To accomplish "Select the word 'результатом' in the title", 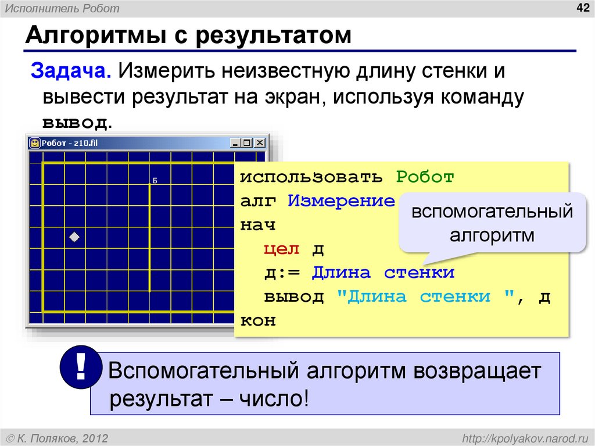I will pos(273,36).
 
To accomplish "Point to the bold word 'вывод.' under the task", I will pos(76,123).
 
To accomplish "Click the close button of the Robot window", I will pos(259,142).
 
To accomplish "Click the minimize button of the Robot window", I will pos(235,142).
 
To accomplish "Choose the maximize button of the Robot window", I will pos(247,142).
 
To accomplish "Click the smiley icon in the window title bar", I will pos(35,142).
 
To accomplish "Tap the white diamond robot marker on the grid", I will pos(74,237).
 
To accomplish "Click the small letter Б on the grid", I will pos(155,181).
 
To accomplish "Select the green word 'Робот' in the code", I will pos(425,177).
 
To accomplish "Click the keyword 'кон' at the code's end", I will pos(258,321).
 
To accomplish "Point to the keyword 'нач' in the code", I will pos(258,225).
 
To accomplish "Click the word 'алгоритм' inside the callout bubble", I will pos(492,236).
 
